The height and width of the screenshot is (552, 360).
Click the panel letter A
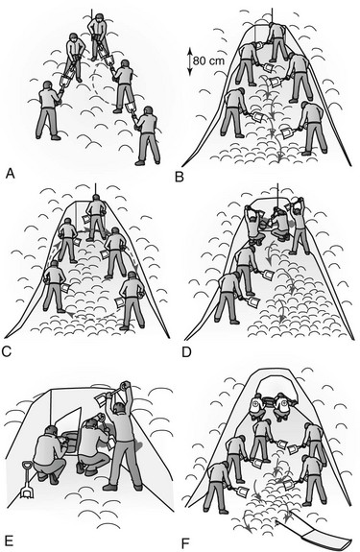pos(11,174)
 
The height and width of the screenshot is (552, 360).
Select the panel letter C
pos(7,351)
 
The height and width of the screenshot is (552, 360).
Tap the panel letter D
pos(186,351)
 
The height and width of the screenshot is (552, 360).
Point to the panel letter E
pos(9,540)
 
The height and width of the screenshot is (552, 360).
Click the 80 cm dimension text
pos(208,60)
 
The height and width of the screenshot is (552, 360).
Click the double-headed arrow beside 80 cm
pos(189,62)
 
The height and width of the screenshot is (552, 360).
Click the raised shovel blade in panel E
pos(102,398)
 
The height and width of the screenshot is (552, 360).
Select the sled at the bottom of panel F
pos(315,534)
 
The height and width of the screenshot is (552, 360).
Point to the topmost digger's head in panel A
pos(99,17)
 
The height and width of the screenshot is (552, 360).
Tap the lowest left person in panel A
pos(49,110)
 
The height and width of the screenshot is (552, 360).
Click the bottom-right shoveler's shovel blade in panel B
pos(286,132)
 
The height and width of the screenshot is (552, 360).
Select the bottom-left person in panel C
pos(55,286)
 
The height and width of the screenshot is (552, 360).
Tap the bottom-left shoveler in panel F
pos(216,487)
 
